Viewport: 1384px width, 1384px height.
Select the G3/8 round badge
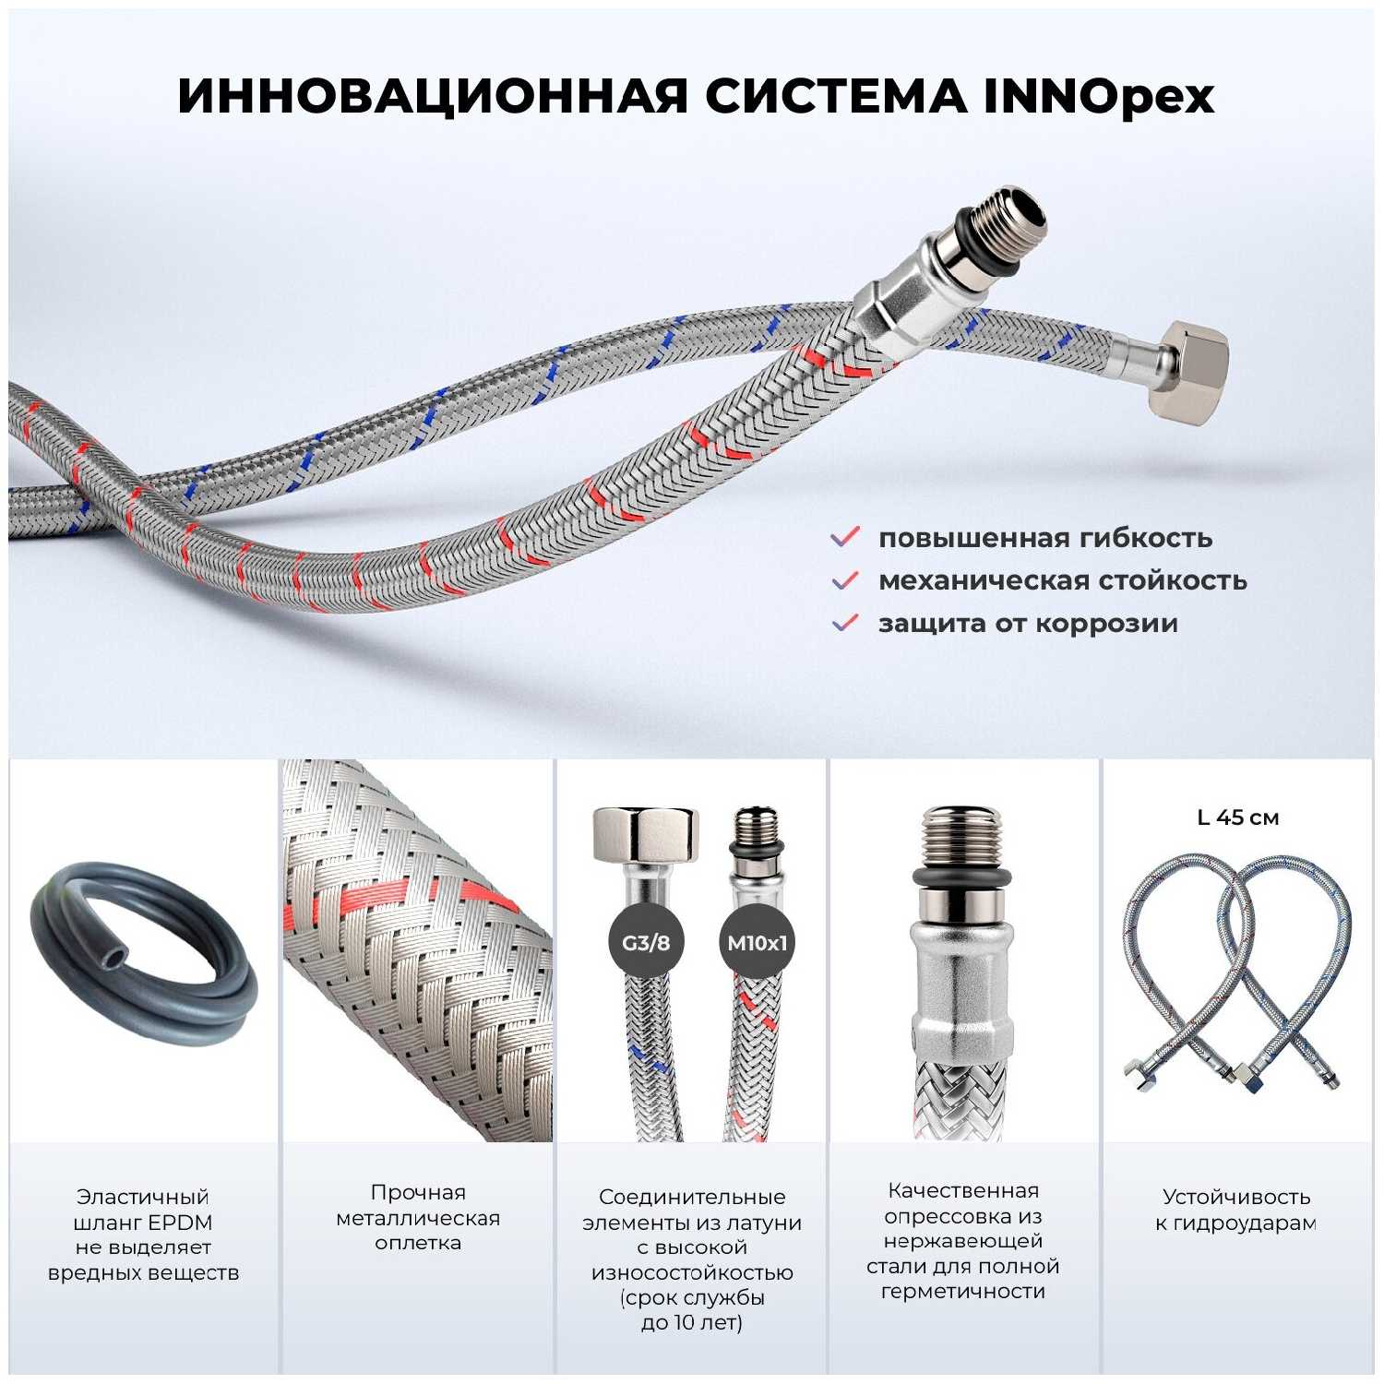(x=646, y=943)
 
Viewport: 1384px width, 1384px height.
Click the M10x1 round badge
(x=757, y=943)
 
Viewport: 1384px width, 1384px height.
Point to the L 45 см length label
(x=1237, y=817)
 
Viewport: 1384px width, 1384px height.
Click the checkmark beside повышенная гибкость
(x=845, y=537)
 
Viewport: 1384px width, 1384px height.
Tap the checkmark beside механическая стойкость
(x=845, y=579)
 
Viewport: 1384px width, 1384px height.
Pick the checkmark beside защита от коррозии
(x=845, y=622)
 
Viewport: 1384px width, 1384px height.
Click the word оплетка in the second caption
(x=418, y=1243)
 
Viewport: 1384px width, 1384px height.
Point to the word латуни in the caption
(x=762, y=1223)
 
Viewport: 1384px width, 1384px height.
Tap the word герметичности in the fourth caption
(x=962, y=1292)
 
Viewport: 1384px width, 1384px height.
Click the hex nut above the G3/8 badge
(x=646, y=835)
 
